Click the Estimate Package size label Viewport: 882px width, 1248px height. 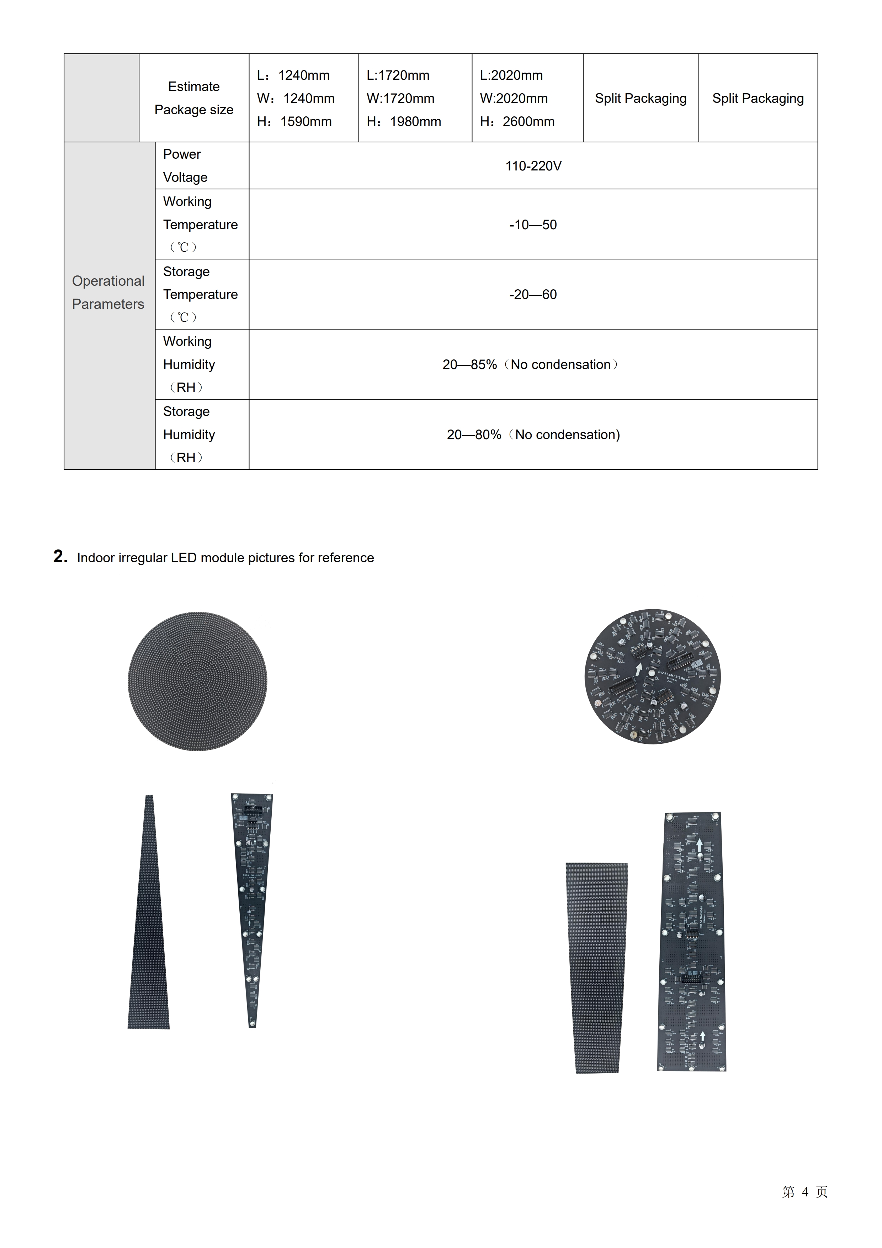(194, 98)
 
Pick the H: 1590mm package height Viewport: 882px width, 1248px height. (295, 122)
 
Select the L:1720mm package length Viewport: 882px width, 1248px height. (398, 75)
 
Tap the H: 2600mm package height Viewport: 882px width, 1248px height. (517, 122)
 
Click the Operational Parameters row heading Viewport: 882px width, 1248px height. (108, 293)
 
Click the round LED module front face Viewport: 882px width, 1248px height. (197, 681)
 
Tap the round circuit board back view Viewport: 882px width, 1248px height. (652, 677)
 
